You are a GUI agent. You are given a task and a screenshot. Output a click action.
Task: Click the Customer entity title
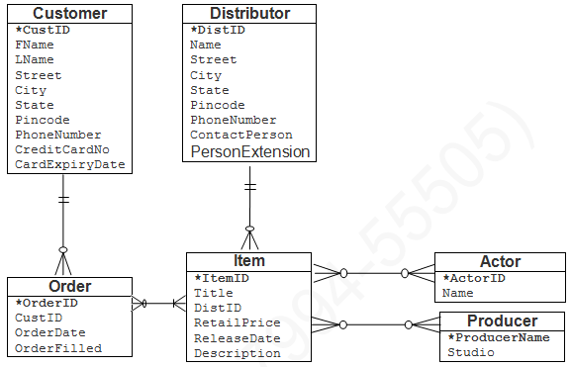pyautogui.click(x=70, y=14)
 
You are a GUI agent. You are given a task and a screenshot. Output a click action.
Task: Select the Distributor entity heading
pyautogui.click(x=249, y=14)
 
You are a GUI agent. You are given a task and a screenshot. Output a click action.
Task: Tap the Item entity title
pyautogui.click(x=249, y=261)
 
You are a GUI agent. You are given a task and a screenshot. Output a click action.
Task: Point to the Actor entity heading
pyautogui.click(x=500, y=262)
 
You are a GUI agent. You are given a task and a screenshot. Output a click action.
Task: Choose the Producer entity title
pyautogui.click(x=502, y=321)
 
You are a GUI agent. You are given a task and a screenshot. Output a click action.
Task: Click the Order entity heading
pyautogui.click(x=69, y=287)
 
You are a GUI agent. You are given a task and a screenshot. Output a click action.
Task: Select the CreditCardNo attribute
pyautogui.click(x=61, y=149)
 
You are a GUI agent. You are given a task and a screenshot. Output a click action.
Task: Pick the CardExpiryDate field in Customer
pyautogui.click(x=69, y=164)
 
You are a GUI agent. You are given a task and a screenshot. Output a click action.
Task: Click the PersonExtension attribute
pyautogui.click(x=249, y=152)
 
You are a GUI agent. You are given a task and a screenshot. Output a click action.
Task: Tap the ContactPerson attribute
pyautogui.click(x=240, y=135)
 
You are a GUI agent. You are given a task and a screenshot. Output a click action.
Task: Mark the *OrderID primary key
pyautogui.click(x=47, y=303)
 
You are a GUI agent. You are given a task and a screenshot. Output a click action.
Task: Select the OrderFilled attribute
pyautogui.click(x=57, y=347)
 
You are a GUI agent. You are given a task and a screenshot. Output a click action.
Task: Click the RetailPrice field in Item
pyautogui.click(x=237, y=322)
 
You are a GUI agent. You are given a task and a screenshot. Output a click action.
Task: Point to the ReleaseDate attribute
pyautogui.click(x=237, y=338)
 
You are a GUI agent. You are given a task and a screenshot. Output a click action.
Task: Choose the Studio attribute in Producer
pyautogui.click(x=471, y=352)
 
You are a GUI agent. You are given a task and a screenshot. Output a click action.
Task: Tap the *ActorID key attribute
pyautogui.click(x=474, y=278)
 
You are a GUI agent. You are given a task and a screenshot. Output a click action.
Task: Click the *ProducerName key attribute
pyautogui.click(x=496, y=337)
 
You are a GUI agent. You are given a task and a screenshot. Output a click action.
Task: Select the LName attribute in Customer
pyautogui.click(x=35, y=59)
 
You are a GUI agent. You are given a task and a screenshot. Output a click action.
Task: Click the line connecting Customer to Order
pyautogui.click(x=64, y=213)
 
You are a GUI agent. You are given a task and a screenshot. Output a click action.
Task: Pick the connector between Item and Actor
pyautogui.click(x=374, y=272)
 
